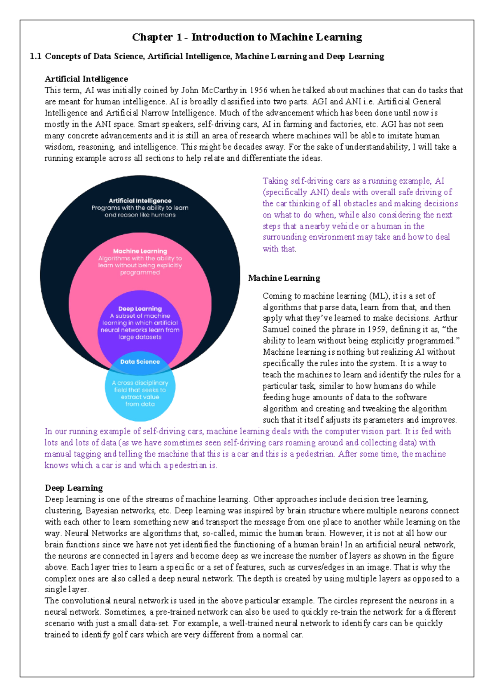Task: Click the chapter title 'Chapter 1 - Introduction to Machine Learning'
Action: click(247, 37)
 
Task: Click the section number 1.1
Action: click(35, 56)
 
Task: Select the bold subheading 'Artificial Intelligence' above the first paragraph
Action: click(86, 79)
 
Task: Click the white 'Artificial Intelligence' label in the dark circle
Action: click(140, 201)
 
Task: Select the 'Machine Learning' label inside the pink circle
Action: click(140, 251)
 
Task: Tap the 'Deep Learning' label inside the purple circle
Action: click(140, 309)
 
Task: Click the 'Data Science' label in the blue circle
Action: click(140, 362)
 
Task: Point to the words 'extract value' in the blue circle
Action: click(140, 397)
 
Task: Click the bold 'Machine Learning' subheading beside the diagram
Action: click(284, 278)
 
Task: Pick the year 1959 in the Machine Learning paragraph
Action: click(376, 330)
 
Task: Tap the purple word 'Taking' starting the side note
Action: click(275, 181)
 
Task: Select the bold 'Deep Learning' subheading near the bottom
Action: click(74, 488)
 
